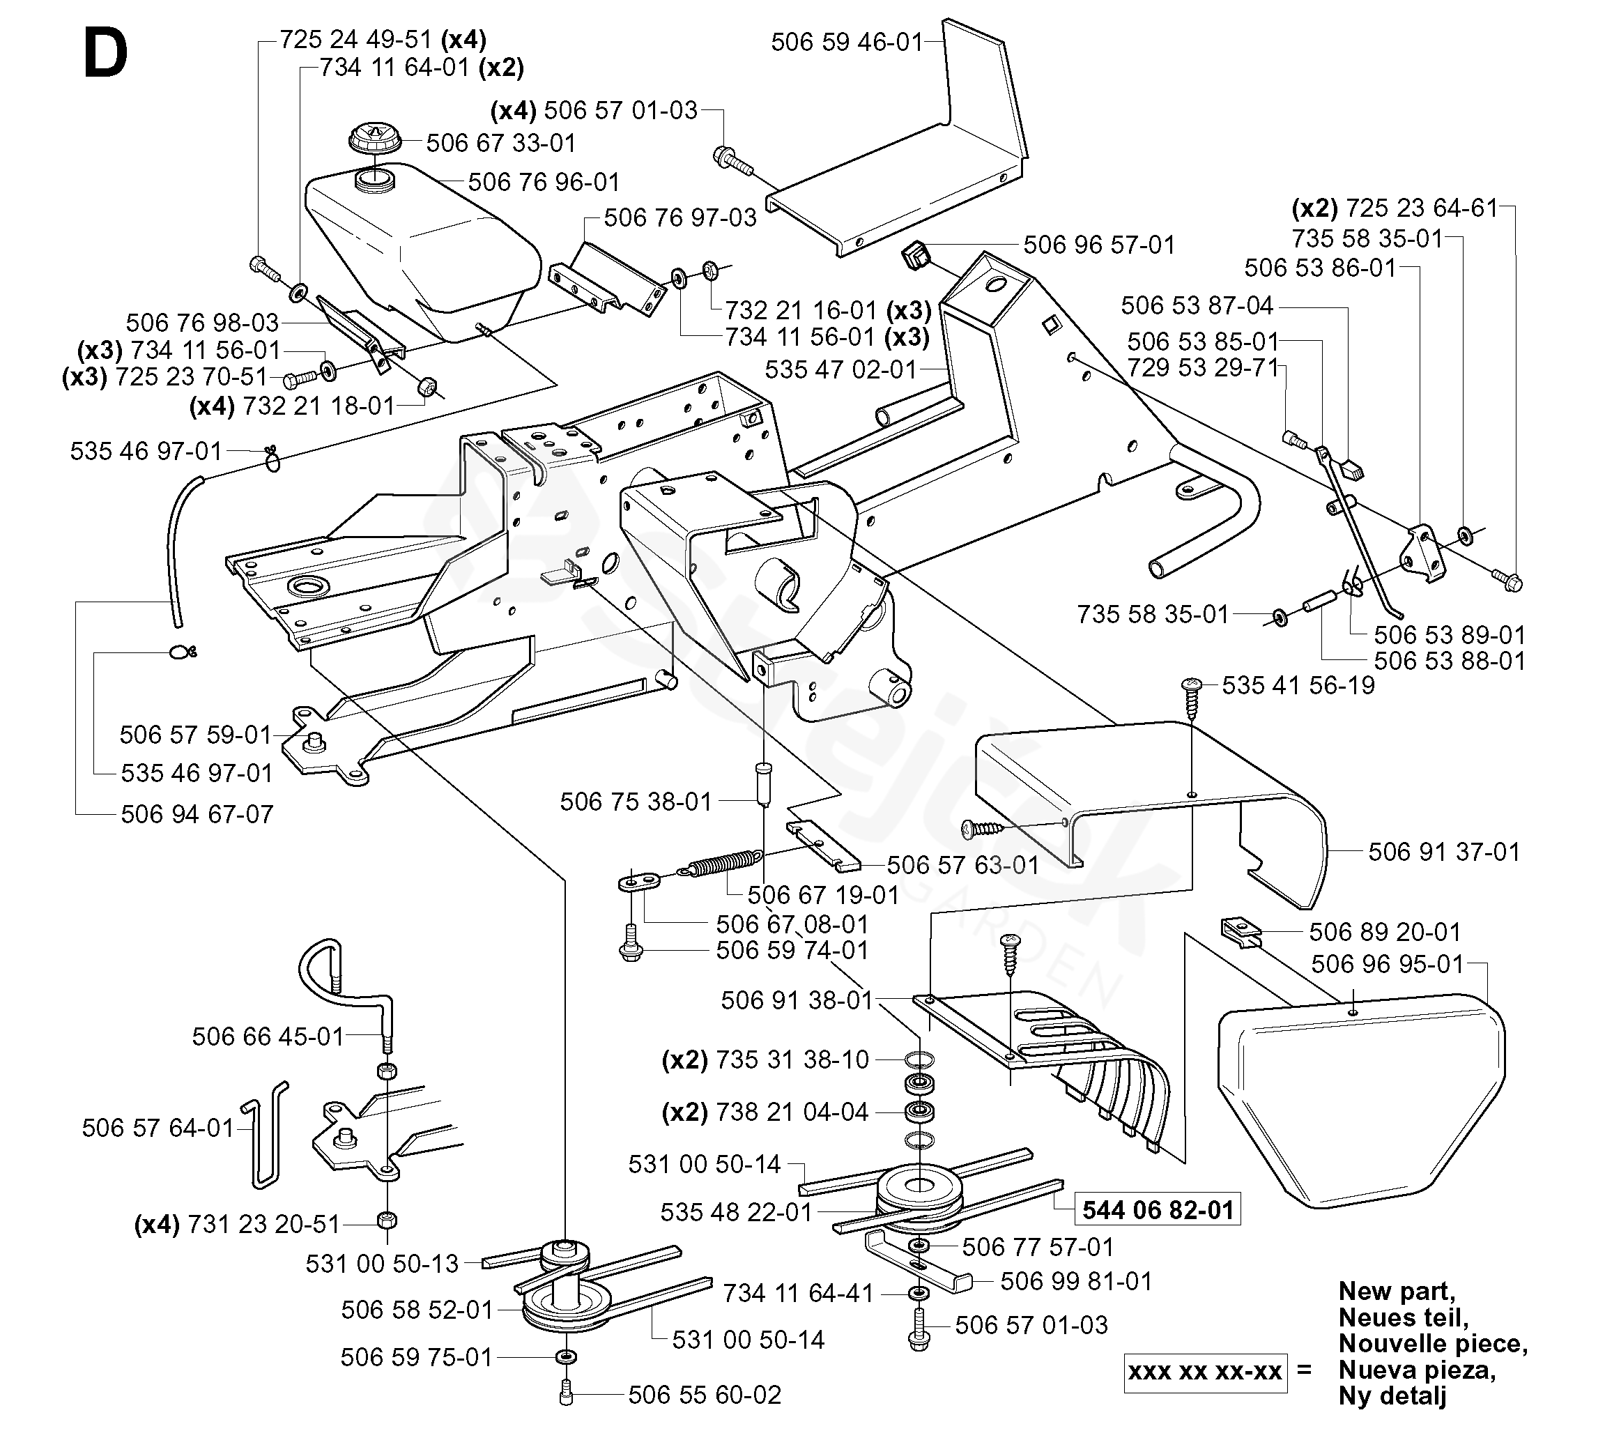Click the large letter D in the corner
pyautogui.click(x=105, y=56)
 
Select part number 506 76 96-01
pyautogui.click(x=544, y=183)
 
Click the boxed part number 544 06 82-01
pyautogui.click(x=1158, y=1210)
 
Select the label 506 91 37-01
pyautogui.click(x=1443, y=852)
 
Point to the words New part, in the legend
pyautogui.click(x=1397, y=1291)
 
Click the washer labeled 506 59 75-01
pyautogui.click(x=566, y=1356)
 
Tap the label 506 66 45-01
pyautogui.click(x=268, y=1036)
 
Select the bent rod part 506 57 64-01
pyautogui.click(x=264, y=1134)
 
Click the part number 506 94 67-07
pyautogui.click(x=197, y=815)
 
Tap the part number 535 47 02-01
pyautogui.click(x=840, y=369)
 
